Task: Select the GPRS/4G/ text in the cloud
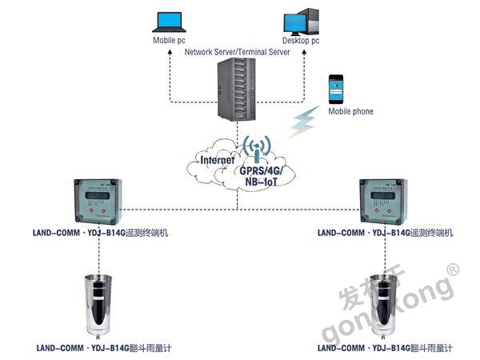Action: click(267, 170)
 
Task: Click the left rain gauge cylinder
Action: click(100, 304)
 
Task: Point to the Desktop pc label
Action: click(302, 40)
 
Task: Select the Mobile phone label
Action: click(350, 111)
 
